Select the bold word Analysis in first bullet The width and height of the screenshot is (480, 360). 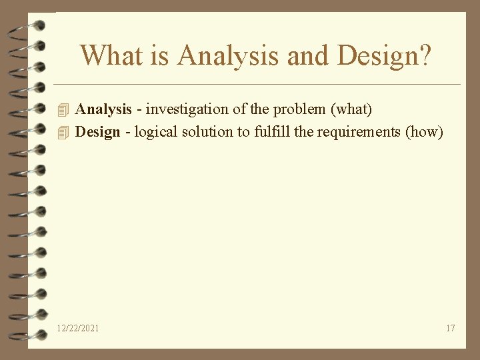pyautogui.click(x=103, y=109)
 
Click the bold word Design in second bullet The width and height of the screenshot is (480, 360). pyautogui.click(x=97, y=131)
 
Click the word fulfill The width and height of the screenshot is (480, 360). pyautogui.click(x=271, y=131)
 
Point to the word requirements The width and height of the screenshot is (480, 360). pyautogui.click(x=359, y=131)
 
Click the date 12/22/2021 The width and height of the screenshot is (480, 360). pyautogui.click(x=79, y=328)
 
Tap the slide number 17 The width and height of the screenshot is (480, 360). pyautogui.click(x=450, y=328)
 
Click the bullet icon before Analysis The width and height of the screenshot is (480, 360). pyautogui.click(x=64, y=109)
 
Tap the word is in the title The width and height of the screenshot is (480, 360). pyautogui.click(x=159, y=55)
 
